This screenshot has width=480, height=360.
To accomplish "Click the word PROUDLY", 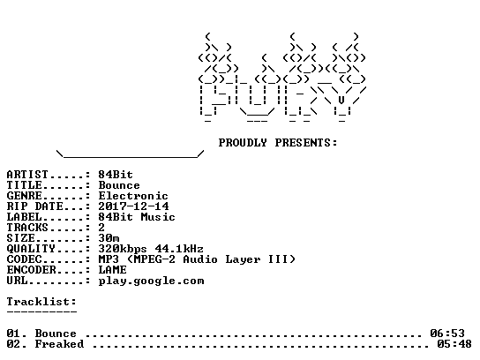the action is tap(243, 143).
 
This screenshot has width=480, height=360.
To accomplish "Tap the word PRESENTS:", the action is tap(306, 143).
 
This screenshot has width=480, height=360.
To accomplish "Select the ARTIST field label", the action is tap(27, 175).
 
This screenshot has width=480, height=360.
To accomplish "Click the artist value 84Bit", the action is tap(116, 175).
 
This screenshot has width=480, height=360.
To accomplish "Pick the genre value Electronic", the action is tap(133, 196).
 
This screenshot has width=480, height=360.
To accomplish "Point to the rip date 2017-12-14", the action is tap(133, 206).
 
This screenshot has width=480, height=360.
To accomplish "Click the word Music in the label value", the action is tap(158, 217).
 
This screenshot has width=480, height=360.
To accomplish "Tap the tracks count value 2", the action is tap(101, 228).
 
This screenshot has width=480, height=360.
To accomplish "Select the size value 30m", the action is tap(109, 238).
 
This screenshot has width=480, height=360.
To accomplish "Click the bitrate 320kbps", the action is tap(123, 249).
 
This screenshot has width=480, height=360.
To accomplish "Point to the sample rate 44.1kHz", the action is tap(179, 249).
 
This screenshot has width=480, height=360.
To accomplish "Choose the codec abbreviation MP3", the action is tap(109, 259).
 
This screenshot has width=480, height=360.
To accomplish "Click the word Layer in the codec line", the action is tap(243, 260).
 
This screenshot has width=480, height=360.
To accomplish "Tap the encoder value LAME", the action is tap(112, 270).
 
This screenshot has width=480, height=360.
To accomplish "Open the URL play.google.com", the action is tap(151, 281).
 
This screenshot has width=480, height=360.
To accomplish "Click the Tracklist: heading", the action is tap(41, 302).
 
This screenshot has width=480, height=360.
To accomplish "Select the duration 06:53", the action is tap(447, 333).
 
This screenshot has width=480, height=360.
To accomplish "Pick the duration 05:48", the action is tap(454, 344).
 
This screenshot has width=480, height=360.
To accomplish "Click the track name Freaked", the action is tap(59, 344).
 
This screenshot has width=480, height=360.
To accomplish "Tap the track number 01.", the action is tap(13, 333).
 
